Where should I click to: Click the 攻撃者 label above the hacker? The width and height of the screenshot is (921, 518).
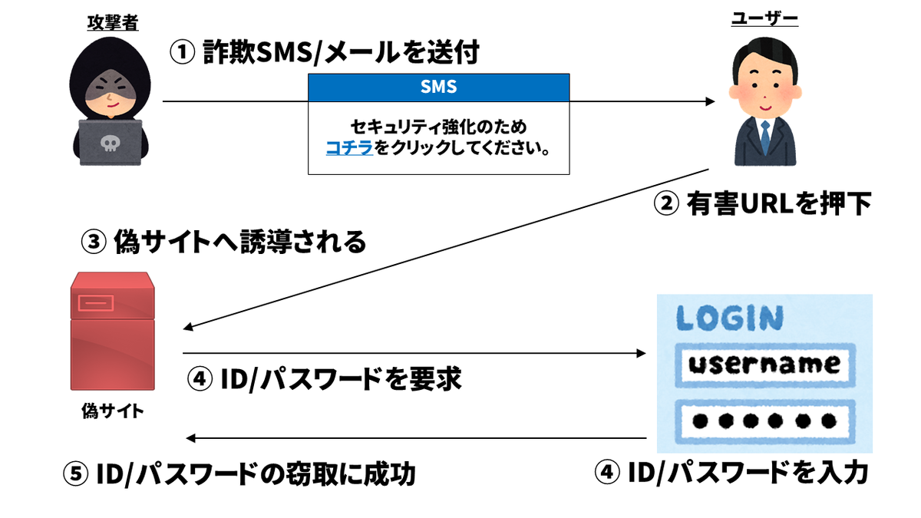[111, 24]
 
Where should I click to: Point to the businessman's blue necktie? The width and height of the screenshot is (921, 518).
[764, 137]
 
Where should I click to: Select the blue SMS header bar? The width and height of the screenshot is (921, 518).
[438, 87]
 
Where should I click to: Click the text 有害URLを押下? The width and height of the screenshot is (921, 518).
[776, 204]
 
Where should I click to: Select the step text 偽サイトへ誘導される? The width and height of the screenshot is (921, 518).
[239, 243]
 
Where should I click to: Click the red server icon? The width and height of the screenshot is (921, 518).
[112, 335]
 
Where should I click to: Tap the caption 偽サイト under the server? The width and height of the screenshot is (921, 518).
[112, 411]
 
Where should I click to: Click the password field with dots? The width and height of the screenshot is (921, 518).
[764, 419]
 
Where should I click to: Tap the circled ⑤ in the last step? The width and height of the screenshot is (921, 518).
[76, 474]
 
